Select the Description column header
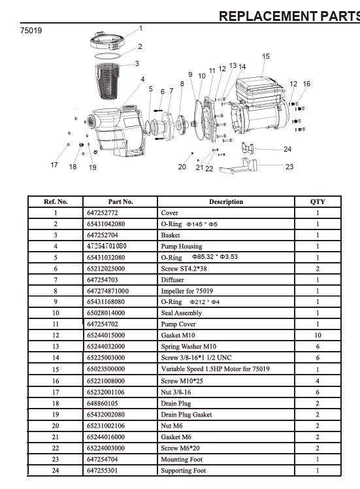226,202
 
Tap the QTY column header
318,202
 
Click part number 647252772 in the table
105,213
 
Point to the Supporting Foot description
184,470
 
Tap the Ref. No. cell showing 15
56,369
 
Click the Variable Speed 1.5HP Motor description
216,369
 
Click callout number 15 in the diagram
266,57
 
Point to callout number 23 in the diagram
289,167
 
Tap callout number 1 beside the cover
141,28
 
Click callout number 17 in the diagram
54,165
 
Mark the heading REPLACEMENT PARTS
289,16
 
